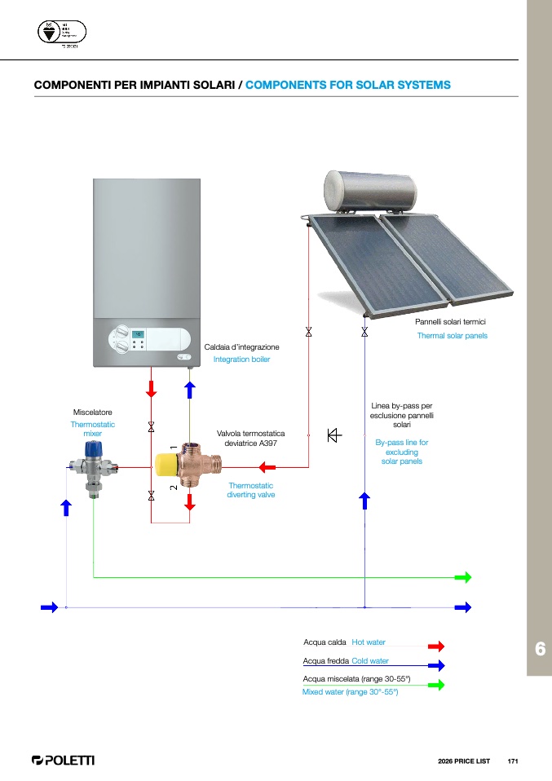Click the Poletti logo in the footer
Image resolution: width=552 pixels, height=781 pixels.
click(x=63, y=761)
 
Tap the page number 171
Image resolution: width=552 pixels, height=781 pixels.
click(x=513, y=761)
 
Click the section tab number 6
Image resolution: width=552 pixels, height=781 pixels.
click(x=539, y=649)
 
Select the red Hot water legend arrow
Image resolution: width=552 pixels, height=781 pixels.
click(x=435, y=646)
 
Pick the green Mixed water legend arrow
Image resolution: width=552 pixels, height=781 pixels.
click(x=435, y=685)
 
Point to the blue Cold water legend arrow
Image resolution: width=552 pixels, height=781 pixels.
click(x=435, y=665)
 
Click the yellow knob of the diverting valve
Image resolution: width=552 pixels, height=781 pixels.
click(x=168, y=466)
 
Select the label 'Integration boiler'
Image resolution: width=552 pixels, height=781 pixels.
click(x=241, y=360)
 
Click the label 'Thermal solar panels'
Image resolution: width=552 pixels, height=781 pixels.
click(x=452, y=336)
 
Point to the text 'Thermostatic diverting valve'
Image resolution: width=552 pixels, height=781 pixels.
click(x=250, y=490)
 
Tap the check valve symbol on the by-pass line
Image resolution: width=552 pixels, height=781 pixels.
click(x=334, y=435)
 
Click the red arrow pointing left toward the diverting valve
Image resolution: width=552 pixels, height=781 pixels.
click(x=267, y=467)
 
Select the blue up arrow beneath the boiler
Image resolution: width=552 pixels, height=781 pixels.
click(x=189, y=389)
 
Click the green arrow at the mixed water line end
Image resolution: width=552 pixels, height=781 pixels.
click(x=463, y=577)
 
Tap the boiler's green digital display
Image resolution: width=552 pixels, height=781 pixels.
click(x=139, y=334)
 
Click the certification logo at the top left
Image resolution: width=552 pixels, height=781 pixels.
click(x=62, y=33)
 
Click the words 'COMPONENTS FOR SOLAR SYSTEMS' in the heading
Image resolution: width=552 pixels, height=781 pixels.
click(x=348, y=85)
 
